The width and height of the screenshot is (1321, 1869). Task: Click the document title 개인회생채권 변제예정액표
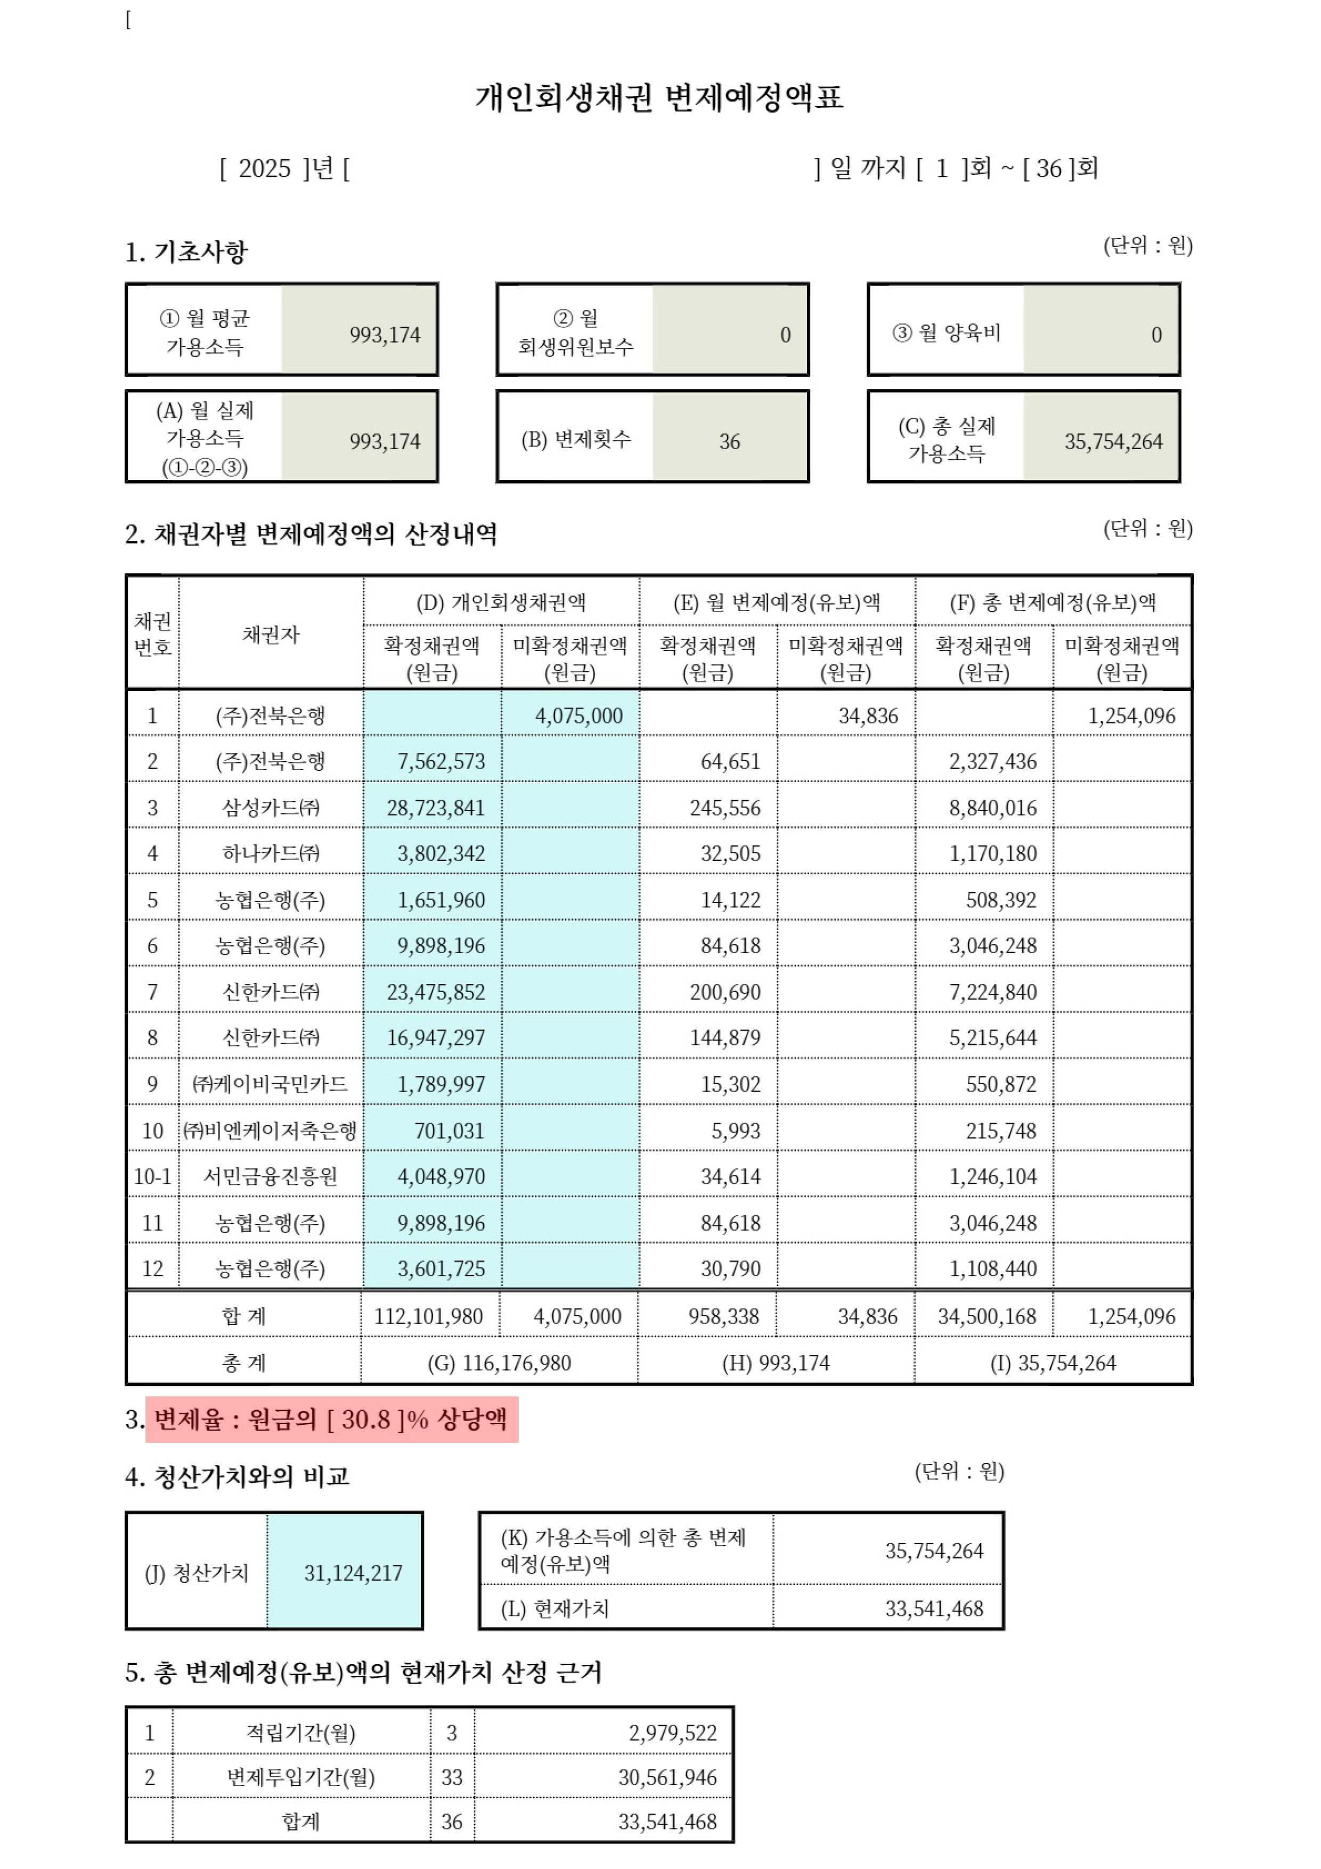point(659,97)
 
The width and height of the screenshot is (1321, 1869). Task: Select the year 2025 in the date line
point(265,168)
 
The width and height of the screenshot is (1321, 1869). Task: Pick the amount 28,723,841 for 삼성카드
point(435,808)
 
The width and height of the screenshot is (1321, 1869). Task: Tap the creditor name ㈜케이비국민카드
point(270,1084)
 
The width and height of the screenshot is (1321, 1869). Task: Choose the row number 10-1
point(152,1176)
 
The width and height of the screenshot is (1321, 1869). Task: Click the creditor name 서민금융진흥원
point(270,1176)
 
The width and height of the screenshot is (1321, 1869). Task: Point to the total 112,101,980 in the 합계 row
point(428,1317)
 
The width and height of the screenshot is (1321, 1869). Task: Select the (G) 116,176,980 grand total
point(499,1363)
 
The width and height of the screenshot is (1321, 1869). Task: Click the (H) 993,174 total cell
point(776,1363)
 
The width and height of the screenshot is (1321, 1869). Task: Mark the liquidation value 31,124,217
point(353,1573)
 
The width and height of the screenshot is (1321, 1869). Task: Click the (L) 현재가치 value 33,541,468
point(934,1608)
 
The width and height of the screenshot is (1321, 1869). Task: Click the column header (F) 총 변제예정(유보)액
point(1053,603)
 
